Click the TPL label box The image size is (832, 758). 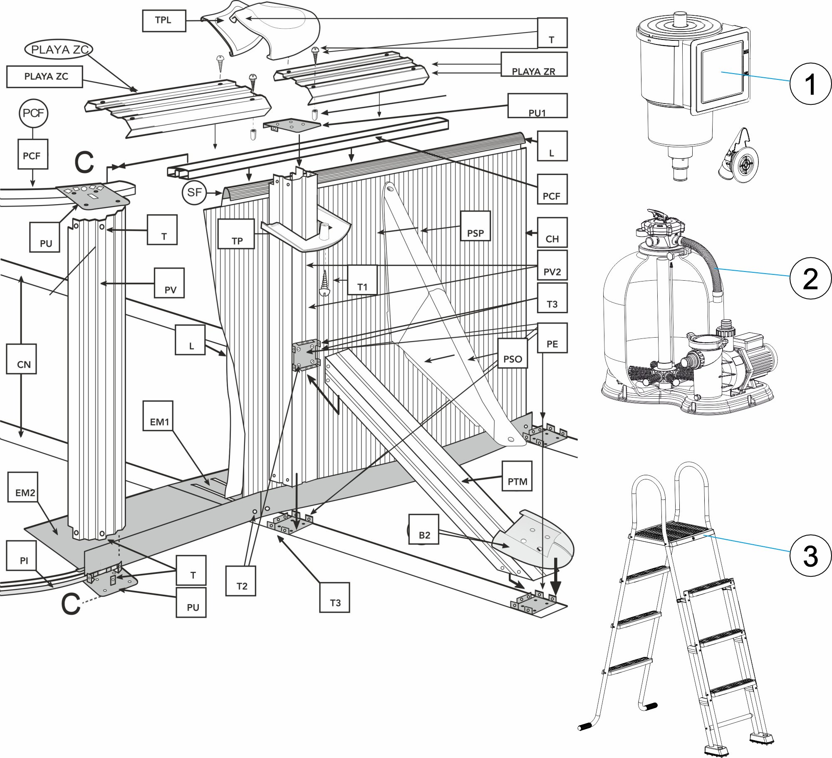(x=163, y=20)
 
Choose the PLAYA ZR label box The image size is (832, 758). (x=534, y=64)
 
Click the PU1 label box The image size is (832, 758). (x=537, y=106)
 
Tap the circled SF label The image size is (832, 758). (x=194, y=192)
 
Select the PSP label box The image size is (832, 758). (x=475, y=226)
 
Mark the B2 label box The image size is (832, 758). (x=423, y=529)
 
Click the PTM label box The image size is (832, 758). (x=517, y=476)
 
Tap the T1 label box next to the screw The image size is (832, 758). (x=362, y=280)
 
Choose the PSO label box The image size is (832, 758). (x=512, y=353)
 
